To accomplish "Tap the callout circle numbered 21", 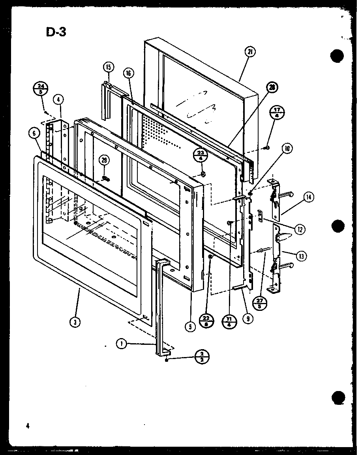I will (250, 52).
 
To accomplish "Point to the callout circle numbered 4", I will (58, 100).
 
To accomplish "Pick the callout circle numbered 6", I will (34, 134).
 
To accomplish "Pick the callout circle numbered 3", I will (75, 323).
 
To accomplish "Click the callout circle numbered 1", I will (122, 344).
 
